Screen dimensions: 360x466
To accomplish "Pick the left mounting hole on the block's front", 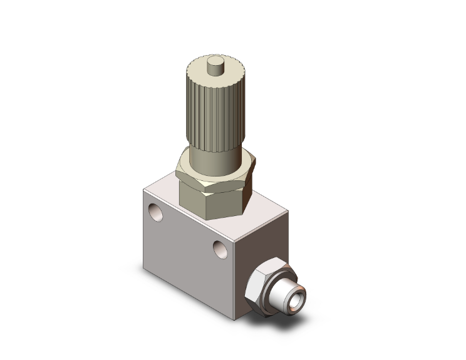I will (155, 212).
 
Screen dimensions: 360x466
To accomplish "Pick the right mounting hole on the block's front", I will (219, 248).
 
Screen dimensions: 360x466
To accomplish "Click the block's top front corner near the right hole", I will (237, 242).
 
